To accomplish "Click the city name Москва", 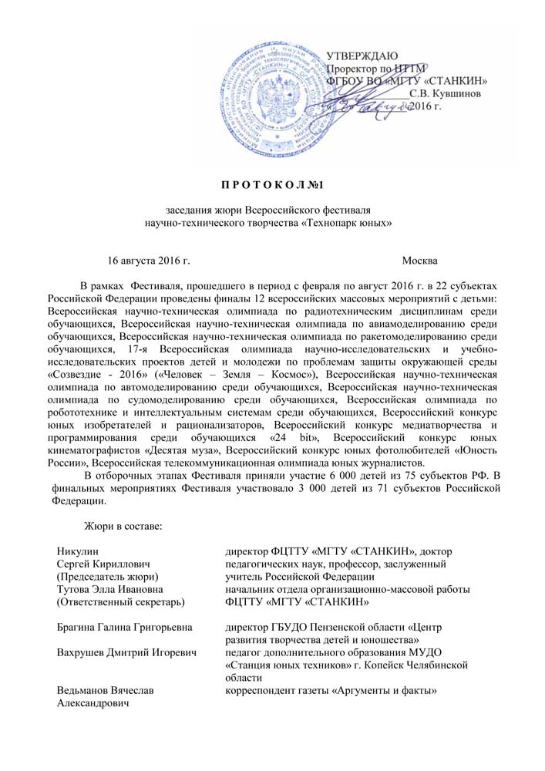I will click(x=420, y=262).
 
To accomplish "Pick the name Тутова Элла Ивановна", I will click(x=108, y=590).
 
